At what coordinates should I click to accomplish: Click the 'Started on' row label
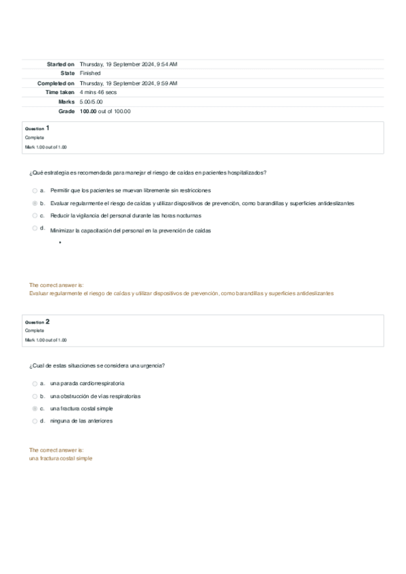click(60, 64)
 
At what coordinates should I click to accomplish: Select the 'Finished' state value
click(90, 73)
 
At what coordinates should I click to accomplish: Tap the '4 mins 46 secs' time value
click(98, 92)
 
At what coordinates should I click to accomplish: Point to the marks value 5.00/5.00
click(91, 102)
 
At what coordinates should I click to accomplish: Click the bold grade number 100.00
click(88, 111)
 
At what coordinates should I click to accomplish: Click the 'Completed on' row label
click(56, 83)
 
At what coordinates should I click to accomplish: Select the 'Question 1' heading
click(37, 128)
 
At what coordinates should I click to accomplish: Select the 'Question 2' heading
click(37, 322)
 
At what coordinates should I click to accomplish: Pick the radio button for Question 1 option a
click(35, 190)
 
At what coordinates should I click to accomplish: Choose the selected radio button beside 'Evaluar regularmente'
click(35, 203)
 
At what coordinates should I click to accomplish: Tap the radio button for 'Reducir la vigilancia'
click(35, 215)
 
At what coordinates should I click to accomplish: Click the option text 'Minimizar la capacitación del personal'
click(131, 231)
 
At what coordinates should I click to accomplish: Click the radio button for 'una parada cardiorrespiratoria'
click(35, 383)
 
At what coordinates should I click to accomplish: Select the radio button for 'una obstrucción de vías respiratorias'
click(35, 396)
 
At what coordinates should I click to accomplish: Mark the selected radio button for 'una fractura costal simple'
click(35, 409)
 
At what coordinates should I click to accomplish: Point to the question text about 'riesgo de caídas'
click(148, 173)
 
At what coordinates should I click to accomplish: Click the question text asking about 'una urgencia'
click(98, 366)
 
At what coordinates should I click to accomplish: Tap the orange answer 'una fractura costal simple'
click(61, 458)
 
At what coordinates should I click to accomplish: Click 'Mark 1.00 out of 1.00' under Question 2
click(46, 340)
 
